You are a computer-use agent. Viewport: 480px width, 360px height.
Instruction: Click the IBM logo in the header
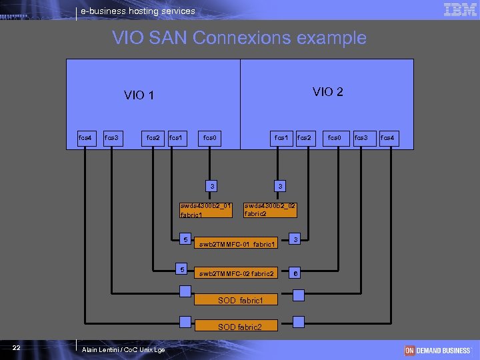coord(459,9)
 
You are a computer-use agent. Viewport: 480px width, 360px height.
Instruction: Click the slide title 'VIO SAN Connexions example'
coord(239,38)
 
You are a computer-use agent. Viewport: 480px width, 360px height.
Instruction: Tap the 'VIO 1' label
coord(139,95)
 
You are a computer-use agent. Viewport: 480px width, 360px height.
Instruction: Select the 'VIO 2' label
coord(328,92)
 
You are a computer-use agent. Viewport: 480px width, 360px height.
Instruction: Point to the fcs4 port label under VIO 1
coord(85,138)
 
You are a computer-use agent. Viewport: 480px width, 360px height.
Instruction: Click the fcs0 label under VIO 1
coord(210,138)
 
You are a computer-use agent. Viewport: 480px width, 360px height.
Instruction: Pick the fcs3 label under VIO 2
coord(361,138)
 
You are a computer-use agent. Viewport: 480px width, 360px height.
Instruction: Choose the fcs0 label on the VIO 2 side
coord(334,138)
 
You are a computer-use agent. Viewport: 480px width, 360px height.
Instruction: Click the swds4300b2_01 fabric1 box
coord(206,210)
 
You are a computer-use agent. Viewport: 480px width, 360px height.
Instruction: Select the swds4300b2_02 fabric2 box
coord(270,210)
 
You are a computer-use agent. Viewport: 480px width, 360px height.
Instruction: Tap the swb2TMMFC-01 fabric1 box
coord(237,245)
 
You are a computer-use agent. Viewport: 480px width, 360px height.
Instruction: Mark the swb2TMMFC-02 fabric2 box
coord(237,273)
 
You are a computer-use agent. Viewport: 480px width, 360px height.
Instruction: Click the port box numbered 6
coord(296,273)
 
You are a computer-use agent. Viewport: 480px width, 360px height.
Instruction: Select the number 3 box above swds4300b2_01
coord(211,186)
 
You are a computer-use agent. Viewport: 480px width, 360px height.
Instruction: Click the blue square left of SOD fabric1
coord(185,291)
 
